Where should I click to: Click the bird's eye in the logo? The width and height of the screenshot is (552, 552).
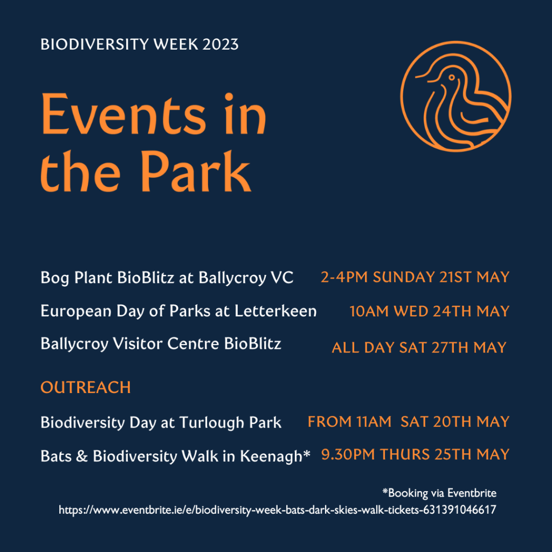451,79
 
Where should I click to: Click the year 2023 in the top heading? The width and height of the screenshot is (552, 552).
221,44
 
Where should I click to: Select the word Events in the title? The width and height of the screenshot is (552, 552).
123,116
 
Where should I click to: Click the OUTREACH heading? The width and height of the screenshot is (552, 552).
86,388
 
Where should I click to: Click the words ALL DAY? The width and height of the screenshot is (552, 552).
363,348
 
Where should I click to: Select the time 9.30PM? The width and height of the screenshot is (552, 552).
348,454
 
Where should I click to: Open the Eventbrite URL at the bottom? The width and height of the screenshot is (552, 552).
277,509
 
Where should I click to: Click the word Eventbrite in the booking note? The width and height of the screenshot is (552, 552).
471,493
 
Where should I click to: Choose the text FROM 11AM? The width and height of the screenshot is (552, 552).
349,422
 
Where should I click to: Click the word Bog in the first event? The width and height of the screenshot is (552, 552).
52,278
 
